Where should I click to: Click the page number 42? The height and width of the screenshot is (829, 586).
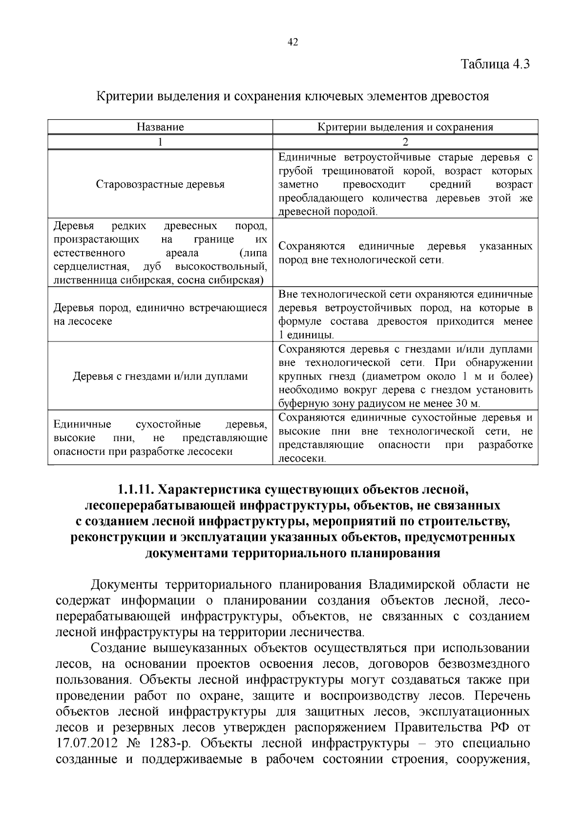293,43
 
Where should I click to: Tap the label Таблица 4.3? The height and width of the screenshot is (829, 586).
495,64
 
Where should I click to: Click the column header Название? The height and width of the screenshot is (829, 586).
160,127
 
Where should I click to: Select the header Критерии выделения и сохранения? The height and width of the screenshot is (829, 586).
405,127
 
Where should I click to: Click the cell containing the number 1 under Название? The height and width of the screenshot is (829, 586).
160,142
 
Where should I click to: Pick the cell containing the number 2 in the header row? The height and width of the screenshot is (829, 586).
405,142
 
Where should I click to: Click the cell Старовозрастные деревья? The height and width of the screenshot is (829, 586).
160,185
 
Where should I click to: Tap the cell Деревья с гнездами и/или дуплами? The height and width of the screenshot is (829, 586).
160,377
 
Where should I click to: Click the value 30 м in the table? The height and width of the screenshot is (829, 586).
466,404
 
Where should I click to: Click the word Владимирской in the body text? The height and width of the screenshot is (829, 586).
412,585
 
